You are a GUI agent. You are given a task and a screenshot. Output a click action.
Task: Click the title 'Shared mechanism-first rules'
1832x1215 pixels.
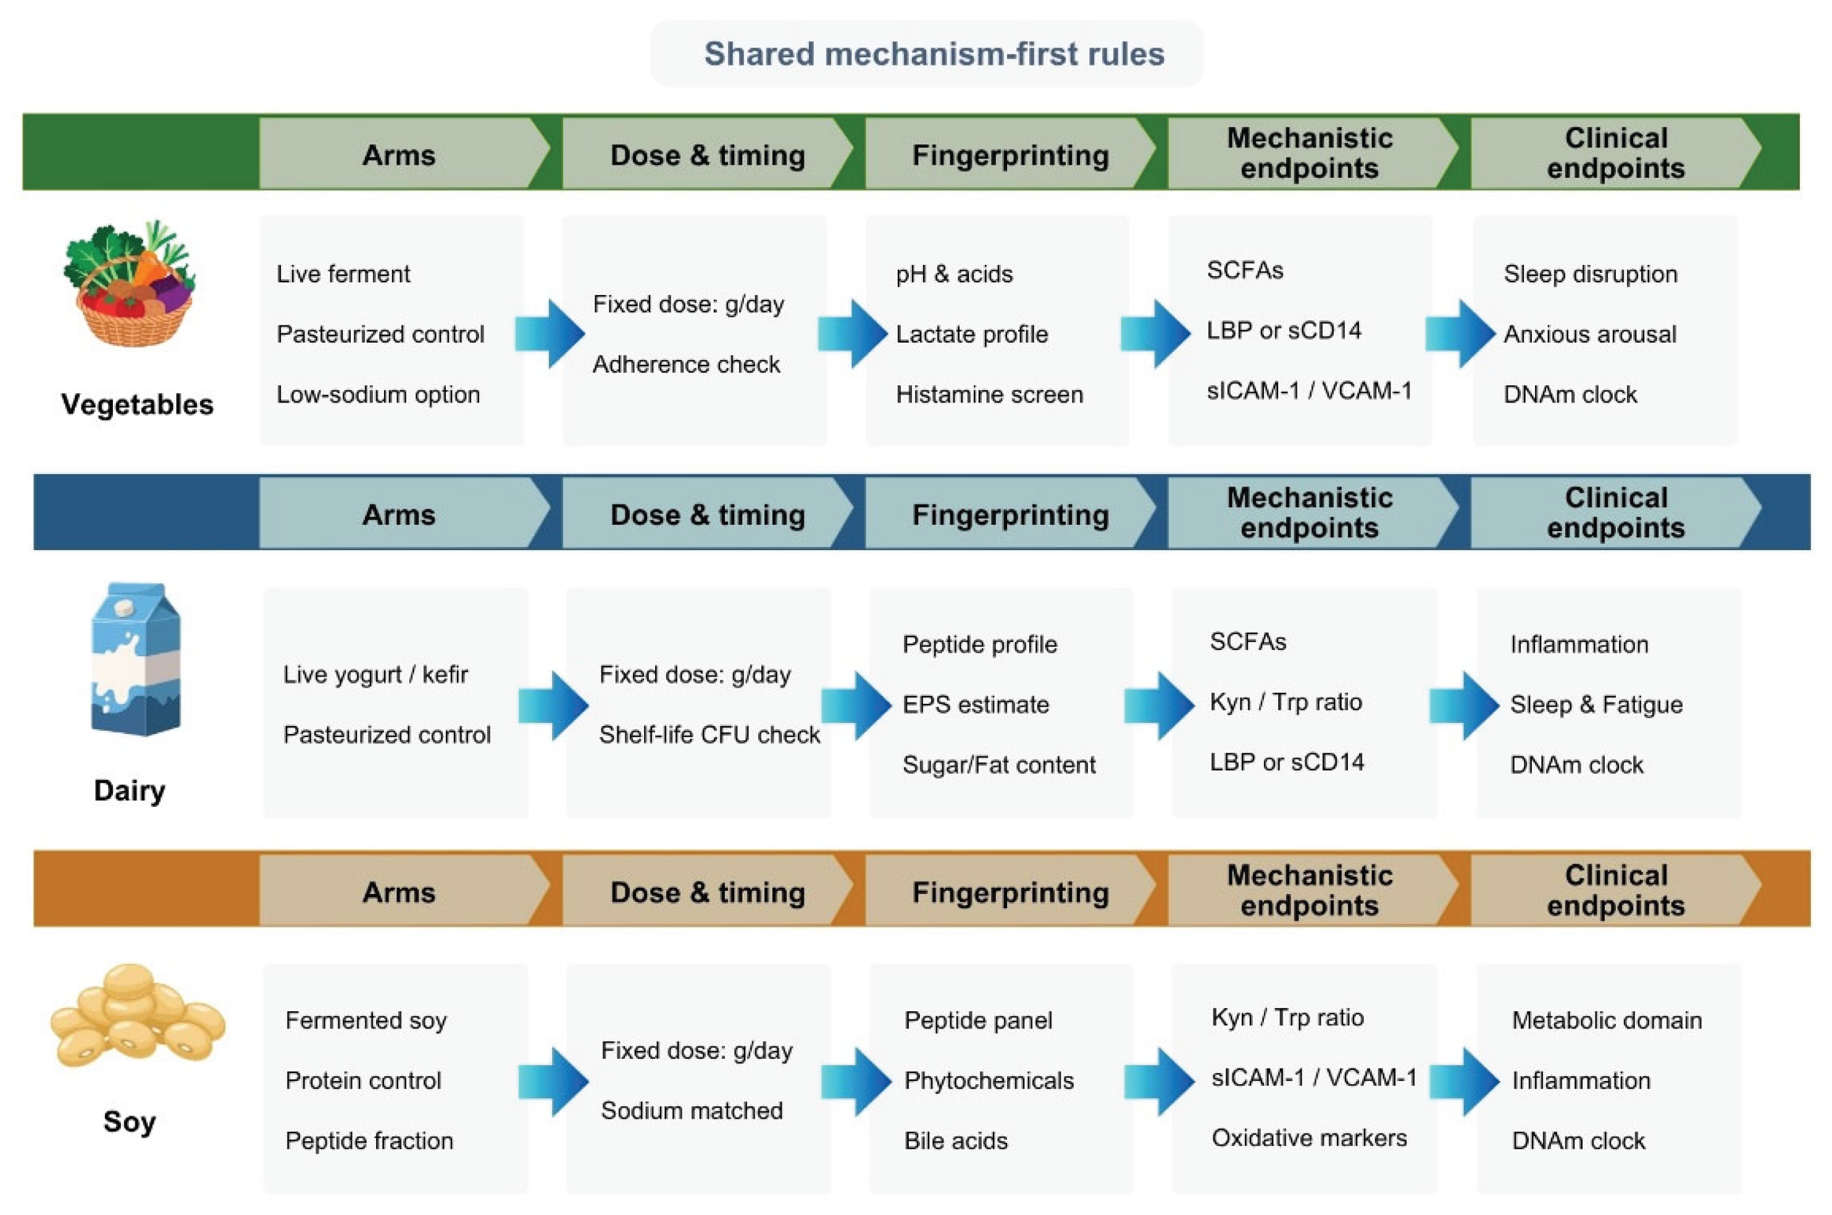[934, 54]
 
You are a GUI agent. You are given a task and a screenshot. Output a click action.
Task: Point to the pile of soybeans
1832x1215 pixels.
[137, 1015]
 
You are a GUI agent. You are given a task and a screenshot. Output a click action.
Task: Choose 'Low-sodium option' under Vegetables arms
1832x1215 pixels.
[378, 395]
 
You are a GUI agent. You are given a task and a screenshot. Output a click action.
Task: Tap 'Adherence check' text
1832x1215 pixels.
[686, 364]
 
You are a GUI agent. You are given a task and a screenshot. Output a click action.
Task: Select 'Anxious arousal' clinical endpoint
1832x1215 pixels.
[1590, 334]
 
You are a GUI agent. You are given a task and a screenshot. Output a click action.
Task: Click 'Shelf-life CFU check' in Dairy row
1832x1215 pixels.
[709, 735]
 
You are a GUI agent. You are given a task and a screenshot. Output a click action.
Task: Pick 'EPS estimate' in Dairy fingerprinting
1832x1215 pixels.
[976, 704]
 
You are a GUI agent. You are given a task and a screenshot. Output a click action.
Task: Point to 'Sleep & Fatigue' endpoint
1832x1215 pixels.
[1596, 704]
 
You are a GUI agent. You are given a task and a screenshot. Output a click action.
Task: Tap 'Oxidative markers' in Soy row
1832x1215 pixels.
[1309, 1137]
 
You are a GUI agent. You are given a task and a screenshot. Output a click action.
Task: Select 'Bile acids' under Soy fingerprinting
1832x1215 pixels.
[956, 1141]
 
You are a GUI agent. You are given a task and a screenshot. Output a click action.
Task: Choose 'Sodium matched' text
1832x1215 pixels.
[692, 1111]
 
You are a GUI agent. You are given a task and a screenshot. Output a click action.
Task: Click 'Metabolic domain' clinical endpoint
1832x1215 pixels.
[1607, 1020]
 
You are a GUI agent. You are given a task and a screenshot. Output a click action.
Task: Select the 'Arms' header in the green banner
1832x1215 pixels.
[398, 155]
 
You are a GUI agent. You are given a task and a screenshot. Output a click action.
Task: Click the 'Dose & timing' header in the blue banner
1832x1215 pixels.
[708, 514]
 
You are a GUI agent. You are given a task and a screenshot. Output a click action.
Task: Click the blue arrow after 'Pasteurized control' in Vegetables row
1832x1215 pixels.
[550, 333]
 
